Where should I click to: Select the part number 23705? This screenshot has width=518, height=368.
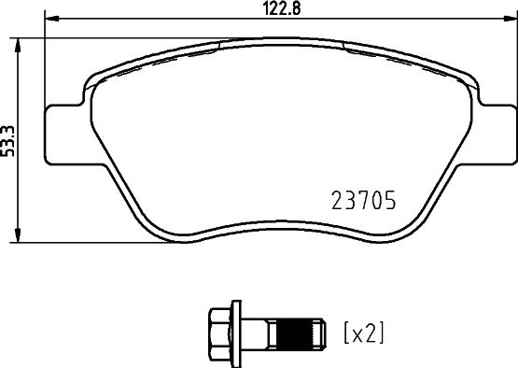365,201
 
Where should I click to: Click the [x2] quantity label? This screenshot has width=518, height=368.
364,332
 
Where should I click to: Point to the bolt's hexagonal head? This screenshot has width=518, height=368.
219,332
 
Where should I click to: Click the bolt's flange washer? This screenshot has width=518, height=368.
239,332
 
